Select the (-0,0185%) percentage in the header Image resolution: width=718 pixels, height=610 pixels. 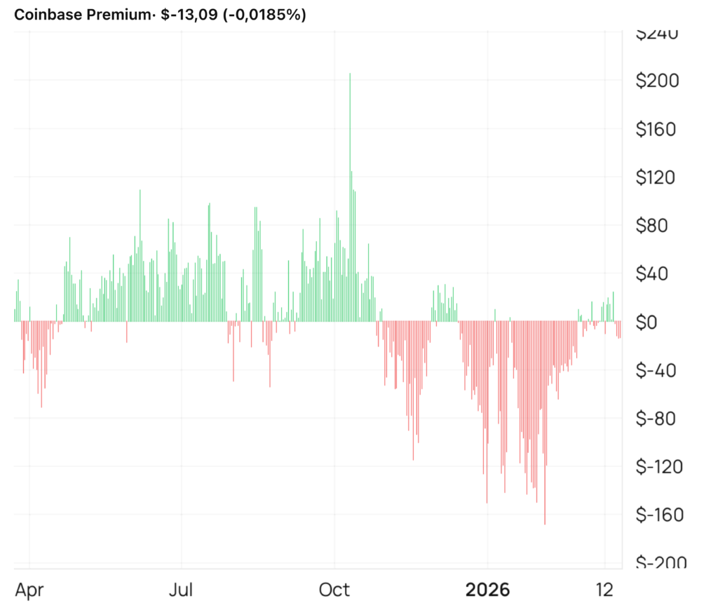pos(264,15)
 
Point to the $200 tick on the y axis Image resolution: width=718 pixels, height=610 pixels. pos(657,81)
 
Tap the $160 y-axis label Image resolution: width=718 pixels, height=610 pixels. pos(657,129)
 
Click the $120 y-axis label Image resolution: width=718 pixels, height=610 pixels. pos(657,177)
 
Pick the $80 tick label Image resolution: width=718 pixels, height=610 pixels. pos(661,226)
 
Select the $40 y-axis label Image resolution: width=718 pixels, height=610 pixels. pos(661,273)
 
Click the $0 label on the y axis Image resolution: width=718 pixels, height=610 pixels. pos(665,322)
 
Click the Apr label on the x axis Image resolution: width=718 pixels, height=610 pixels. pos(29,590)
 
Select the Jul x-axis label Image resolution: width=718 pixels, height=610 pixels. pos(182,590)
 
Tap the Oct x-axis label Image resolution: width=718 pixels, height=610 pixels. pos(334,590)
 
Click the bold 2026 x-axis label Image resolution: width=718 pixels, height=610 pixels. pos(488,590)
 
